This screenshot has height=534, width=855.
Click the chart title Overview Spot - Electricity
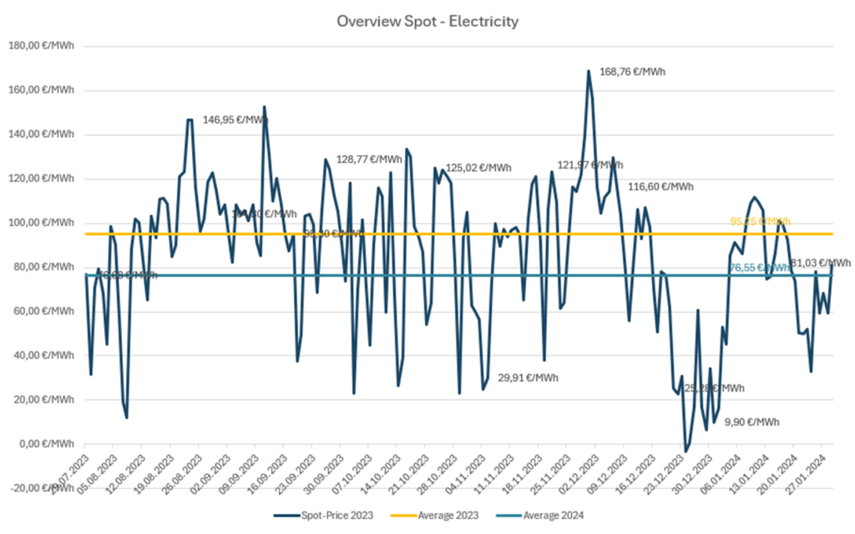[427, 20]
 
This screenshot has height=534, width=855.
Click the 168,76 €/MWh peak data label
[632, 72]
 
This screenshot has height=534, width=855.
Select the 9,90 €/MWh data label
[752, 421]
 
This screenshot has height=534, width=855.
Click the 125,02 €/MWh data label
[478, 168]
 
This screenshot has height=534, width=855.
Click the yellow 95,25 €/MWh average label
[760, 222]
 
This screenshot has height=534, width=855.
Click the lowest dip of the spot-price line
[686, 451]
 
